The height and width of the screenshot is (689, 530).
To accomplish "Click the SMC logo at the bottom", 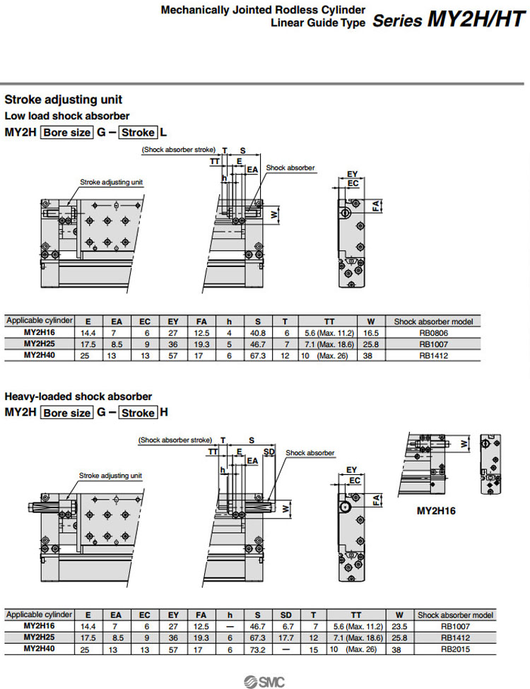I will tap(265, 681).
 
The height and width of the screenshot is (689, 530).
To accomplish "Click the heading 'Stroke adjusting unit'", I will tap(64, 100).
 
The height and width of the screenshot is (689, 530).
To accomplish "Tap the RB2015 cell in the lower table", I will tap(456, 648).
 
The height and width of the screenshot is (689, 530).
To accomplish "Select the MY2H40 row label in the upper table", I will tap(40, 355).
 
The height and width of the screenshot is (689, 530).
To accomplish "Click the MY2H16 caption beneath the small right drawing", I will tap(436, 511).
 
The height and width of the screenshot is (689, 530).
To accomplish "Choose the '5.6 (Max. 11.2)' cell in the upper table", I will tap(329, 332).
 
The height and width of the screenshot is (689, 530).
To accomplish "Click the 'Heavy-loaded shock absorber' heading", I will tap(78, 396).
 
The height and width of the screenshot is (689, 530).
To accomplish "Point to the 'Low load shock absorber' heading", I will tap(67, 115).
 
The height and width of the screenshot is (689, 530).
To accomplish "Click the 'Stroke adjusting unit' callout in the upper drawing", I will tap(111, 182).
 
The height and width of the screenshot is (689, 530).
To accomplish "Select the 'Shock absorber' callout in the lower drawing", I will tap(310, 452).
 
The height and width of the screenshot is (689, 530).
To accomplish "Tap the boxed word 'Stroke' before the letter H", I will tap(139, 412).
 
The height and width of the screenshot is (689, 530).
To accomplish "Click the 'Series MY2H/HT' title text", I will tap(449, 19).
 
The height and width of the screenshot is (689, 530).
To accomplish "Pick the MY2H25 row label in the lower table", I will tap(40, 637).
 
